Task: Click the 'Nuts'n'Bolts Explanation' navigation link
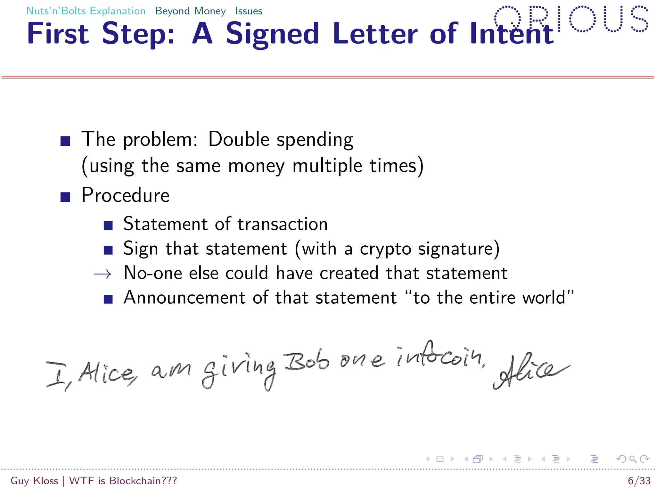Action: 86,11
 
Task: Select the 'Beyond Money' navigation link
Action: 190,11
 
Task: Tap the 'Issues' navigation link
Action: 249,11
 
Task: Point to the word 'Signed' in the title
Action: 272,34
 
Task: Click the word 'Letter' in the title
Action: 375,33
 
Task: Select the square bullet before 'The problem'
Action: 65,141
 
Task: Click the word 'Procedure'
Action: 126,195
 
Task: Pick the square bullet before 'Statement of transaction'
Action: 108,225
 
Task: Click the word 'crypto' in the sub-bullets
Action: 386,249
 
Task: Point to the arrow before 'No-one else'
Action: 102,274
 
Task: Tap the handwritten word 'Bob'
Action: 307,362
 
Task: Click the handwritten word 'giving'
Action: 239,372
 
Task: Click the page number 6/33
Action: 639,481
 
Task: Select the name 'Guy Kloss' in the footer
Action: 34,481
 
